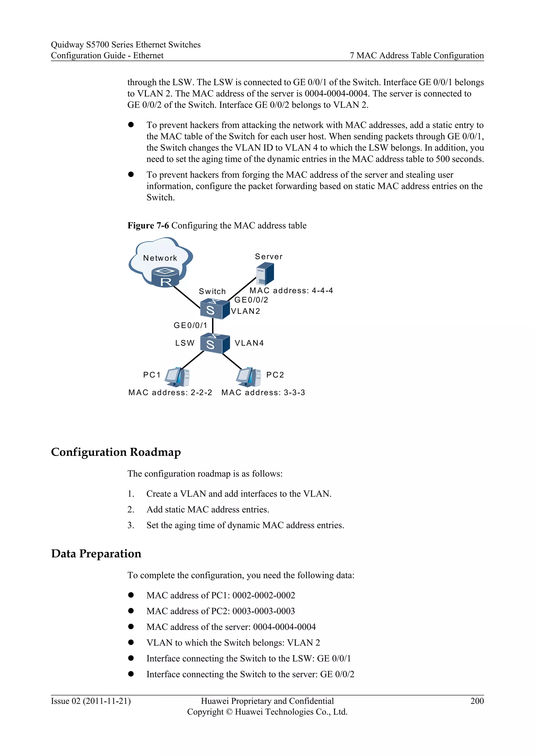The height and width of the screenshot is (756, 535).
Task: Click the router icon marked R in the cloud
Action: pos(165,277)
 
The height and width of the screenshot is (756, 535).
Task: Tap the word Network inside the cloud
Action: pos(160,258)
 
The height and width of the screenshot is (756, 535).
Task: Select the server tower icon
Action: pos(265,274)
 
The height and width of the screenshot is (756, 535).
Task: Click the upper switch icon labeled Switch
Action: pos(214,309)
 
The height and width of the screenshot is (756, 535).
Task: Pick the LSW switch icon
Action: pos(214,344)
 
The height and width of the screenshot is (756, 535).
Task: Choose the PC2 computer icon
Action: pos(248,377)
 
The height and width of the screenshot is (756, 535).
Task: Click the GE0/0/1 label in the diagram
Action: pos(190,325)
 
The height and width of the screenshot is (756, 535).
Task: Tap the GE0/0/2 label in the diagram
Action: pos(251,300)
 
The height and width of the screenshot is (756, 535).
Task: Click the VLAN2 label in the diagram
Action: pos(246,311)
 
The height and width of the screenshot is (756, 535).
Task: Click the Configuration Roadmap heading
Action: pos(116,452)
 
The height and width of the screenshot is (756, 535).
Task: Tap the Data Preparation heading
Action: pos(96,554)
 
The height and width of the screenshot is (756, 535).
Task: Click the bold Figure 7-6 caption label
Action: pos(148,226)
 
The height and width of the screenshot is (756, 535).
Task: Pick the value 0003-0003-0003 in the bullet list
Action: pos(264,611)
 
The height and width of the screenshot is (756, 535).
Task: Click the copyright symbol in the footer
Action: pos(229,712)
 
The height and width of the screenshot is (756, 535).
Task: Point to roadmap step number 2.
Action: pos(131,510)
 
